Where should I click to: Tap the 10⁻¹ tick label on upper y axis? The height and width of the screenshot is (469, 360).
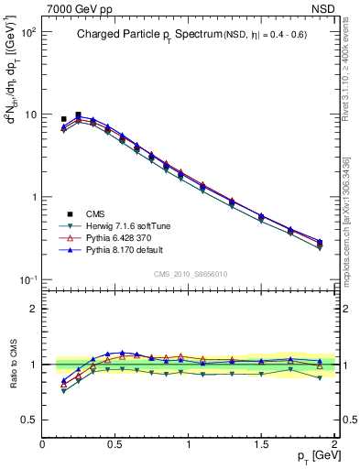click(27, 280)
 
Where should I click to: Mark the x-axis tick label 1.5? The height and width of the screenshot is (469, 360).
click(261, 444)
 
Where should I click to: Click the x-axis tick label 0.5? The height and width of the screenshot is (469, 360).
click(115, 444)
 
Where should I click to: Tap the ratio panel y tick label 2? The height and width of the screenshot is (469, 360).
click(32, 309)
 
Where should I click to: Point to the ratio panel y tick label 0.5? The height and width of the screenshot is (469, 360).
click(28, 419)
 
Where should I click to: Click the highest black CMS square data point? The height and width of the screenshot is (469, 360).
click(78, 115)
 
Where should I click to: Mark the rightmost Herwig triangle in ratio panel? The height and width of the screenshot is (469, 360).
click(320, 377)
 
